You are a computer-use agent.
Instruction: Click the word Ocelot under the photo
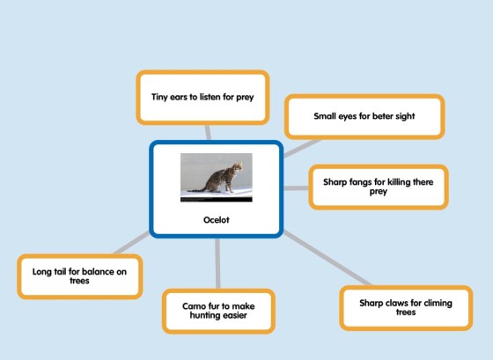tap(217, 220)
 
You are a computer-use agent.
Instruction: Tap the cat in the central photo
tap(220, 178)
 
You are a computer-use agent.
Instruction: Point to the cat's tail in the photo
tap(197, 189)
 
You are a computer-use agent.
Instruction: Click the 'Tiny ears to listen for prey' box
tap(202, 97)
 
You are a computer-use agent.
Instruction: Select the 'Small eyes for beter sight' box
tap(364, 116)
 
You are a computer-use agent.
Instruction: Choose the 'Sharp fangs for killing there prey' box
tap(379, 187)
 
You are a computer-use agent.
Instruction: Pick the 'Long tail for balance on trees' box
tap(80, 276)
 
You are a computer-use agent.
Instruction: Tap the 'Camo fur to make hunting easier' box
tap(218, 311)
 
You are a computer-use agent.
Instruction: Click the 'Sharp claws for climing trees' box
tap(406, 308)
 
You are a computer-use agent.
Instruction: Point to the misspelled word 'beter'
tap(382, 116)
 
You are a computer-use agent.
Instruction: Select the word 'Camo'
tap(193, 306)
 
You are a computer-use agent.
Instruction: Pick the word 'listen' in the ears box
tap(210, 97)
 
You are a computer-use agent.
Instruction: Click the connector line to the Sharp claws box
tap(327, 258)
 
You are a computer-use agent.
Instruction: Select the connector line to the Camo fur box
tap(217, 263)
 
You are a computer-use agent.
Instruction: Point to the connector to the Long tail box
tap(131, 243)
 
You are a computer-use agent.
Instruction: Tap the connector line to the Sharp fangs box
tap(296, 188)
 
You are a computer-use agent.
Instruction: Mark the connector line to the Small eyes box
tap(302, 148)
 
